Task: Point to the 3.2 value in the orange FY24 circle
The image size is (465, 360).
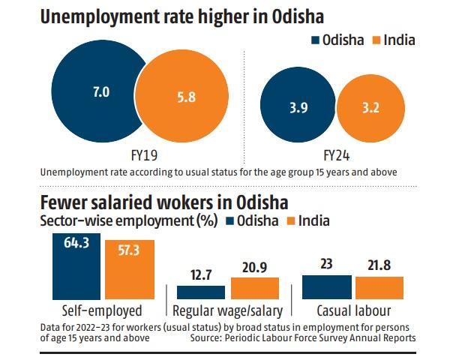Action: click(x=369, y=108)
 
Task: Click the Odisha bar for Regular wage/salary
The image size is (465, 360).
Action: click(x=200, y=292)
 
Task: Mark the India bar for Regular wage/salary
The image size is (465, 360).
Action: click(x=254, y=289)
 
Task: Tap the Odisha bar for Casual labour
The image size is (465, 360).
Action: click(x=326, y=287)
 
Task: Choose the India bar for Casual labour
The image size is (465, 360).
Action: click(x=379, y=288)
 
